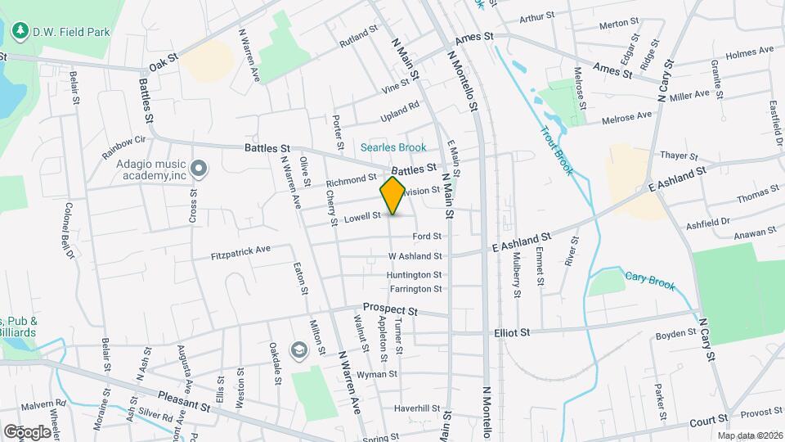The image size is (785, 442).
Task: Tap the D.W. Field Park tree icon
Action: (x=20, y=31)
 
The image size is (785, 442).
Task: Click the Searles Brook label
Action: (x=394, y=147)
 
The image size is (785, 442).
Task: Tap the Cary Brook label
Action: (x=650, y=280)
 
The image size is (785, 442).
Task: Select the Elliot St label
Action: (x=513, y=332)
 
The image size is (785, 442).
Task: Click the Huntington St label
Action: (x=415, y=275)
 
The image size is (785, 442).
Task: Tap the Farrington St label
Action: (x=415, y=289)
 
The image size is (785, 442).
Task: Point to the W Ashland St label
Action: (x=415, y=256)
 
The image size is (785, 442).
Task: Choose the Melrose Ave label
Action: (x=627, y=115)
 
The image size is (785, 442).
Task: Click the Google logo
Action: (x=27, y=431)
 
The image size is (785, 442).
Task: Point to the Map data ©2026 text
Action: (x=750, y=435)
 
